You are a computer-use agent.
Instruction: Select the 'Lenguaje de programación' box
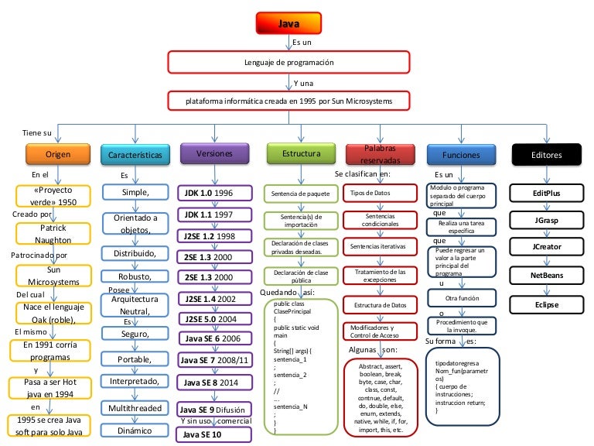point(289,62)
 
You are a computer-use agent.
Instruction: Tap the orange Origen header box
point(57,155)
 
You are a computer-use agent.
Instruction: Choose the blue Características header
point(135,155)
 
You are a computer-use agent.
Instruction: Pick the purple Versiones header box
point(214,154)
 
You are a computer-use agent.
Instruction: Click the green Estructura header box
point(296,154)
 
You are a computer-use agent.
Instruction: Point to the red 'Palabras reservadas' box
point(379,154)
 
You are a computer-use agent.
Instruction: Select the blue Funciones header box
point(461,155)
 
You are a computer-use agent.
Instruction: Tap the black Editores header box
point(546,155)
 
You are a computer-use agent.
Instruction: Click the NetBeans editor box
point(546,275)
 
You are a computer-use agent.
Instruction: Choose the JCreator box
point(546,247)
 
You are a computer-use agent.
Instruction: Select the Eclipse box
point(546,304)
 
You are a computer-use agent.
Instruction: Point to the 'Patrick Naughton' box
point(53,235)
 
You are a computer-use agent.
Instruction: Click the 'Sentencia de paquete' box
point(296,192)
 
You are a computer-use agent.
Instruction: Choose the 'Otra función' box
point(463,298)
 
